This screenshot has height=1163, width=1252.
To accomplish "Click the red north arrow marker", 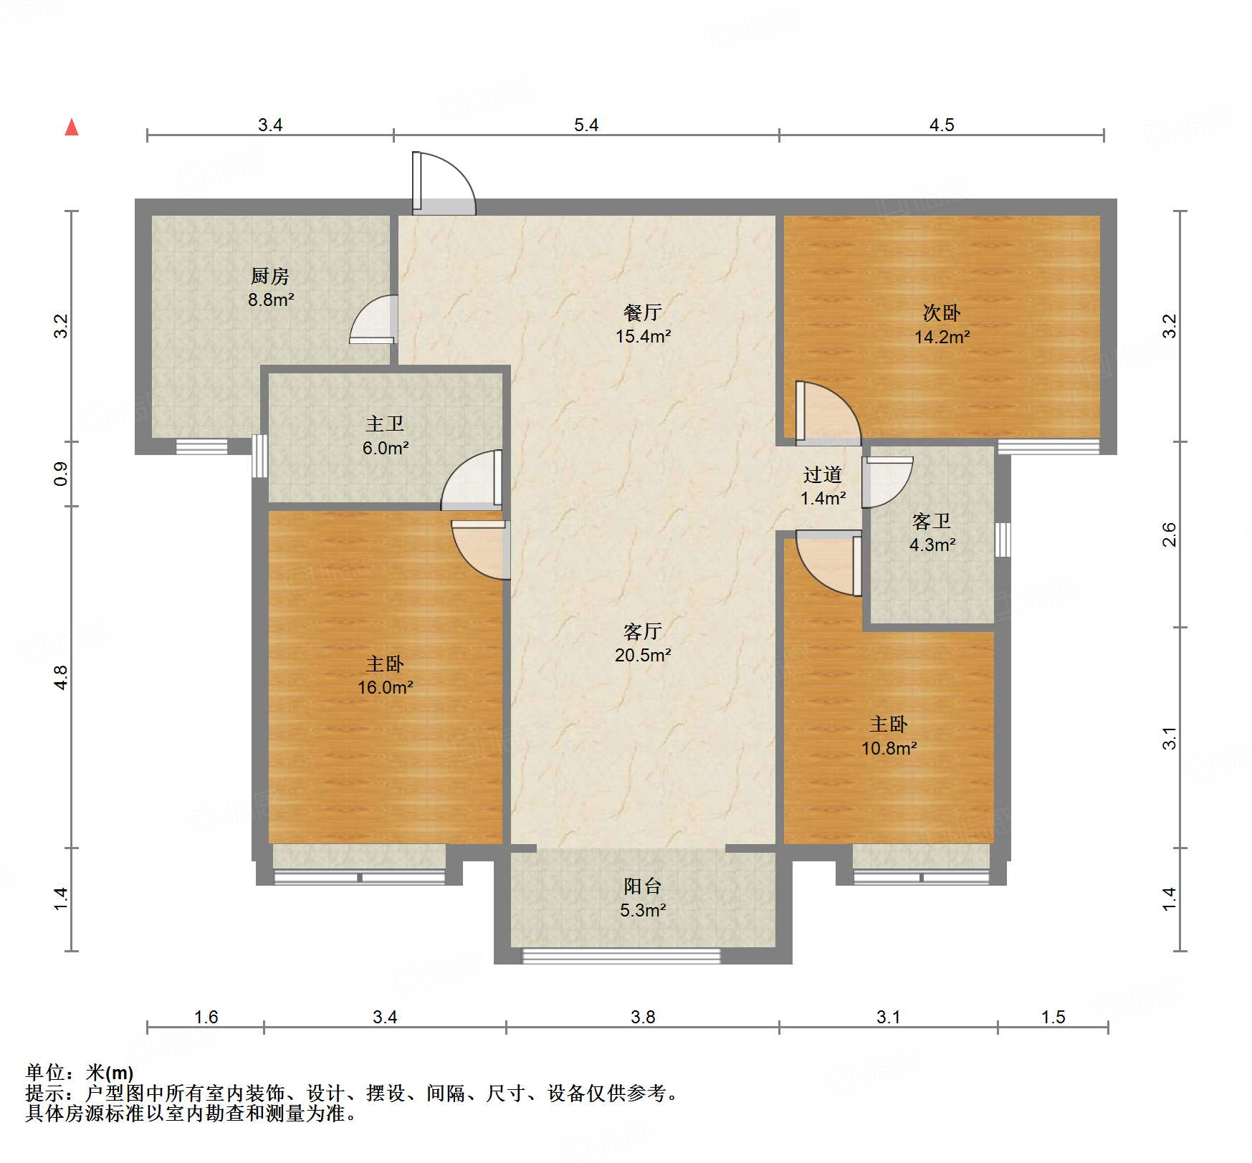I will point(72,128).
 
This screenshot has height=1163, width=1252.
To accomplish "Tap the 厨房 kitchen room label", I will point(270,276).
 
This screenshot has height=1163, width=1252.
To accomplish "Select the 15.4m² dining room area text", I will point(643,336).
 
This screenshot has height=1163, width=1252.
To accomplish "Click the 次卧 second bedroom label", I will point(941,312).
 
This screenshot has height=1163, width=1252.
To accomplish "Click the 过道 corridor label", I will point(822,474).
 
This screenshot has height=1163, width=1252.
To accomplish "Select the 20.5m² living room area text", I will point(643,655).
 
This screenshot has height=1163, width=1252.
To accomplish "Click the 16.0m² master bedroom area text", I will point(386,688).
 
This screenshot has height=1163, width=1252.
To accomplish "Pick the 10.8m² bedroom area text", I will point(889,749).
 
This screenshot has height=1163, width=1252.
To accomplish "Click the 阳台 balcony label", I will point(642,886).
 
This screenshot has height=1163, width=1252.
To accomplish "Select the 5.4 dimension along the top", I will point(586,125).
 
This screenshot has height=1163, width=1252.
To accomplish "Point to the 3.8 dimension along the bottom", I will point(643,1017).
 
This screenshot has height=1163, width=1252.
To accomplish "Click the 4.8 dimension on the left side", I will point(62,677).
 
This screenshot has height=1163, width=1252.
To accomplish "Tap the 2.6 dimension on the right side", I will point(1169,535).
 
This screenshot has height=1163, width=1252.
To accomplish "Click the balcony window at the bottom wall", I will point(621,955).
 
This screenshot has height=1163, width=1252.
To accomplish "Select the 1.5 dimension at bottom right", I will point(1053,1017).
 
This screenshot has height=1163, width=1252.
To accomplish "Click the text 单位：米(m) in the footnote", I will point(80,1073).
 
